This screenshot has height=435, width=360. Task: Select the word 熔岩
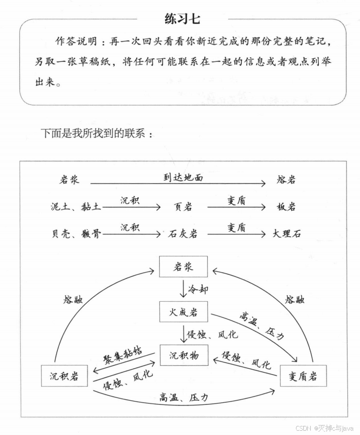286,180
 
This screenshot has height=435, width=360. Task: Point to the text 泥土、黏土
76,207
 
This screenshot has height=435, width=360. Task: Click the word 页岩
183,207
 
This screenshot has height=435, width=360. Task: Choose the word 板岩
286,207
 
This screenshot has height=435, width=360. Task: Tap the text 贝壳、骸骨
76,234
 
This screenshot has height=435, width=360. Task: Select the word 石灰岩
183,234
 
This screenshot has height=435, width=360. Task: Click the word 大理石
286,234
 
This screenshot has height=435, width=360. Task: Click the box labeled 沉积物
183,356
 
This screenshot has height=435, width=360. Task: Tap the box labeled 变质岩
303,376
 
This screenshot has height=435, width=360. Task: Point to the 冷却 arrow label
198,289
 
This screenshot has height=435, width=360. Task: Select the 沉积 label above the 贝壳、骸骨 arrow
130,228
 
